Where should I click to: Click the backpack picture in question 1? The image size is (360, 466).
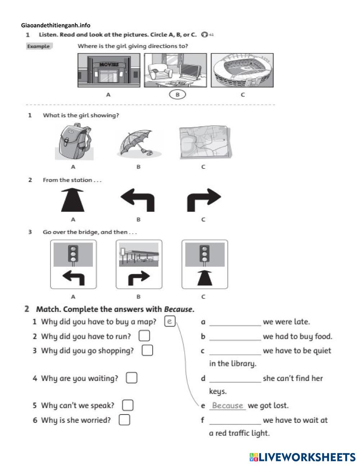tap(74, 142)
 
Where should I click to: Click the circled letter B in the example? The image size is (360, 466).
tap(177, 95)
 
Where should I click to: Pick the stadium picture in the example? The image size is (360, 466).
tap(242, 70)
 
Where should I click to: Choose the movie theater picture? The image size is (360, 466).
tap(108, 70)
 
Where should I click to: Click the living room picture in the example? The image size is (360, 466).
tap(175, 70)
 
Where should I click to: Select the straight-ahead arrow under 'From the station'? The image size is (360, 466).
tap(73, 200)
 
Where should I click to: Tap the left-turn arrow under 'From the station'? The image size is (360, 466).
tap(138, 200)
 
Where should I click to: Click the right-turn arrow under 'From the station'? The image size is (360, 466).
tap(203, 200)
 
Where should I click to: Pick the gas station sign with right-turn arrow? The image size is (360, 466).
tap(139, 264)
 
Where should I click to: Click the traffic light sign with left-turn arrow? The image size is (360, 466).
tap(73, 264)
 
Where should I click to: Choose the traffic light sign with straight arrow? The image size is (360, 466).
tap(204, 264)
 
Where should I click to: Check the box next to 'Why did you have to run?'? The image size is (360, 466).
tap(144, 336)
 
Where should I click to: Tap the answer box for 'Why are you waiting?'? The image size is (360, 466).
tap(131, 378)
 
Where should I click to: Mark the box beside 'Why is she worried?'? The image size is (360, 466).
tap(124, 420)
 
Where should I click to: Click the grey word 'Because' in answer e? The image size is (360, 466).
tap(228, 405)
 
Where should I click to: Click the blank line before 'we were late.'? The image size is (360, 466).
tap(235, 322)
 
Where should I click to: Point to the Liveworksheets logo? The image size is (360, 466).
tap(302, 457)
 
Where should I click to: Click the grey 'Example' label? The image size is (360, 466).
tap(39, 46)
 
